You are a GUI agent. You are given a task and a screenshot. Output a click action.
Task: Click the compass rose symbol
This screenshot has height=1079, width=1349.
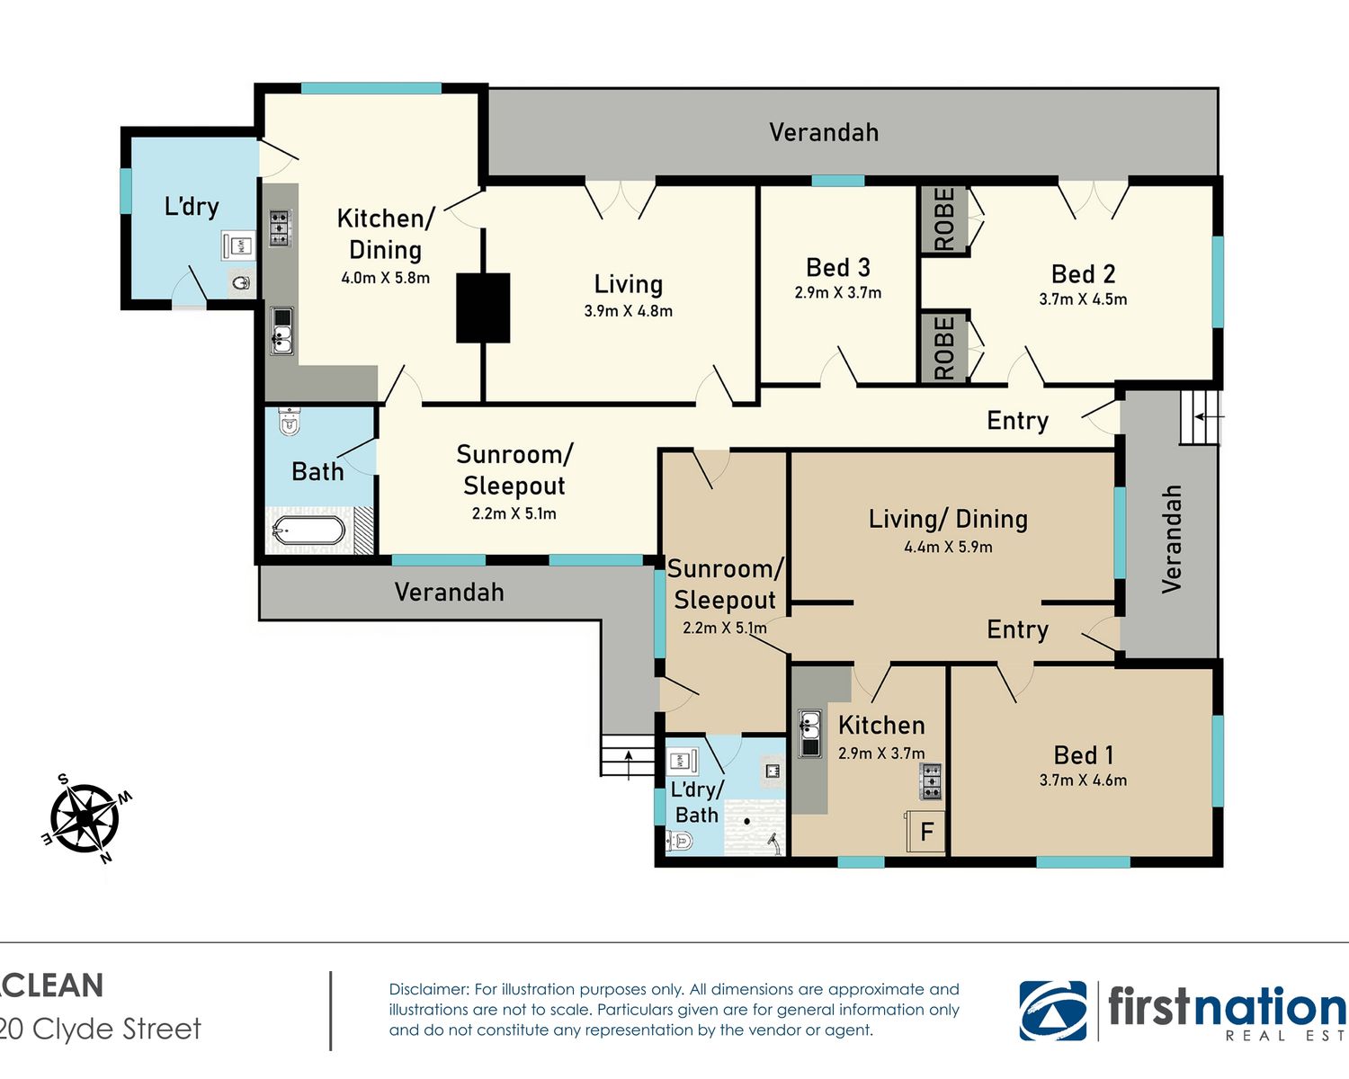point(85,818)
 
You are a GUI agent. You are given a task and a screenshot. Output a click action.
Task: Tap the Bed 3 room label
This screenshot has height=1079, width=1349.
point(838,268)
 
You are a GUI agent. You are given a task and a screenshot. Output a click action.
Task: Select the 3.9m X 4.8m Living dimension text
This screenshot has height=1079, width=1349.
point(628,311)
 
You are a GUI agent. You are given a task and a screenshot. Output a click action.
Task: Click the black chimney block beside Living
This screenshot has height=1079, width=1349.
point(483,308)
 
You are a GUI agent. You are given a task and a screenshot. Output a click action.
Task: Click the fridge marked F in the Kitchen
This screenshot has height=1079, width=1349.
point(926,832)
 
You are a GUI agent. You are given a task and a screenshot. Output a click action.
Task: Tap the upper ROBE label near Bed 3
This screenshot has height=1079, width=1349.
point(944,219)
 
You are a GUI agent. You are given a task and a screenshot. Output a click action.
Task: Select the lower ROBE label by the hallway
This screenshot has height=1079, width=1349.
point(944,348)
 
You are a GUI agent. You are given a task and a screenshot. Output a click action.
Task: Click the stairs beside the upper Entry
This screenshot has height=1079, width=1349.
point(1201,417)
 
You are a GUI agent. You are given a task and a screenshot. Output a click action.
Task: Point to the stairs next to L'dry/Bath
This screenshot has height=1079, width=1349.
point(628,756)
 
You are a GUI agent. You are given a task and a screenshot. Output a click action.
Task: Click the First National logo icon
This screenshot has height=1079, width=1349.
point(1053,1011)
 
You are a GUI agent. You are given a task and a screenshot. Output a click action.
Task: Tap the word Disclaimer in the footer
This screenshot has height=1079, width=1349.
point(429,990)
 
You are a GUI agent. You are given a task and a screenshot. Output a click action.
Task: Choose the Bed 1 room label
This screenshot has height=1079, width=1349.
point(1083,755)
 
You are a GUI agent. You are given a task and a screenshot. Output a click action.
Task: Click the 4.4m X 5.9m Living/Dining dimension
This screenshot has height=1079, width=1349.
point(948,548)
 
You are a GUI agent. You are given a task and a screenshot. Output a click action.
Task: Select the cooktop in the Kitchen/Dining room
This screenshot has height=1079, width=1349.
point(281,227)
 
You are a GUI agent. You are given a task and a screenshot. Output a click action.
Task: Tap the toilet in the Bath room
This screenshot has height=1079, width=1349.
point(289,421)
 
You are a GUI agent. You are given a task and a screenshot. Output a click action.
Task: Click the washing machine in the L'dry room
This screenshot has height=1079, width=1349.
point(238,245)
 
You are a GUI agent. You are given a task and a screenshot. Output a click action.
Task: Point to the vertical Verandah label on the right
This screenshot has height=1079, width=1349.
point(1171,539)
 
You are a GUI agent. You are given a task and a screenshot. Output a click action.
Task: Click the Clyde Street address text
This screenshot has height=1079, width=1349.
point(101,1029)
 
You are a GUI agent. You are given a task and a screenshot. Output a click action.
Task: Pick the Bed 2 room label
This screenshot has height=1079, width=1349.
point(1083,274)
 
